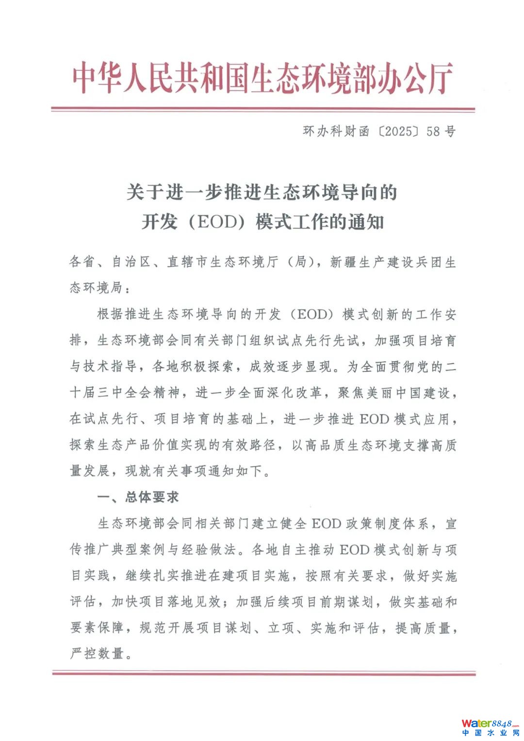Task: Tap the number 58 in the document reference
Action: [433, 131]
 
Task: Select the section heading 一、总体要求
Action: [138, 497]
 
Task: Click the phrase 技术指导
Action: [111, 366]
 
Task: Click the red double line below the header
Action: [262, 110]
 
